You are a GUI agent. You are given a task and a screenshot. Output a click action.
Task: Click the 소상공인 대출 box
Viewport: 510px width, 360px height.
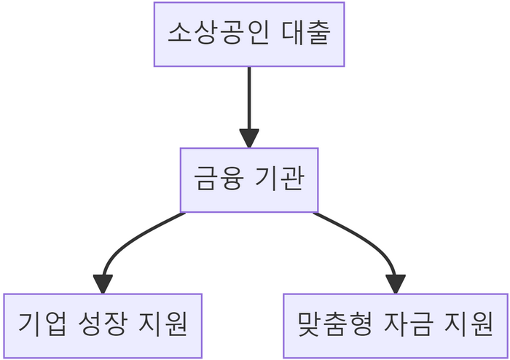tap(249, 34)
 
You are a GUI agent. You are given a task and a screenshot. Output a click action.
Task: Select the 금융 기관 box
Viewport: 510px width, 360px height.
tap(249, 180)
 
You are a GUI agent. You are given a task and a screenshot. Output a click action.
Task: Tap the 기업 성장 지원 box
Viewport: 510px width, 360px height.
tap(103, 326)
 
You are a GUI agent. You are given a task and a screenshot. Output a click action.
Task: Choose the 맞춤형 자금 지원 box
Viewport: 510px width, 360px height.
tap(396, 326)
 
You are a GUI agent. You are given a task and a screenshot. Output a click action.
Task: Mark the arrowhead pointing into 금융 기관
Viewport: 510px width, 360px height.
tap(249, 138)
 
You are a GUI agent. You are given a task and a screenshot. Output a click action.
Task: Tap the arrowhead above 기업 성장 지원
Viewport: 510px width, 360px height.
tap(103, 283)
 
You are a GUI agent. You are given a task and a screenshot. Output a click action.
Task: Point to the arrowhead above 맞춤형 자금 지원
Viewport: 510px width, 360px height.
tap(395, 283)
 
